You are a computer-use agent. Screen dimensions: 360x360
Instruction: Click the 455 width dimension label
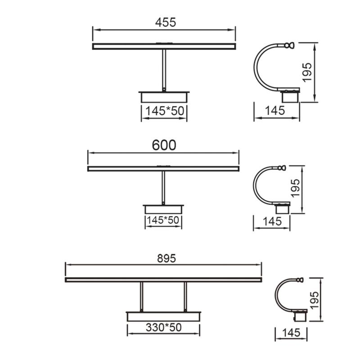tap(165, 22)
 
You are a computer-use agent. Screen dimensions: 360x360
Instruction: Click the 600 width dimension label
tap(164, 145)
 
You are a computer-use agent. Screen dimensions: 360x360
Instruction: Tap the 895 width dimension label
tap(166, 258)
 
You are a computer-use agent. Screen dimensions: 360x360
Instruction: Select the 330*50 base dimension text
tap(163, 328)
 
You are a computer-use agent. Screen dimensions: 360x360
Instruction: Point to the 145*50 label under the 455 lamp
tap(165, 111)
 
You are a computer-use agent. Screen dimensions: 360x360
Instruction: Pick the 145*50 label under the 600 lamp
tap(163, 220)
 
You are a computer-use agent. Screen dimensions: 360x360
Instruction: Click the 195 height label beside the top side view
tap(307, 72)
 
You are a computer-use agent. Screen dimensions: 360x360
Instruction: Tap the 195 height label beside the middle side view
tap(295, 188)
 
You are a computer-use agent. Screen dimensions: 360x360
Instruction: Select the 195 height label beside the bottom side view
tap(314, 300)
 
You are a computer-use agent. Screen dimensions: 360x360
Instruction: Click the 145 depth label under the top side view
tap(275, 110)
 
